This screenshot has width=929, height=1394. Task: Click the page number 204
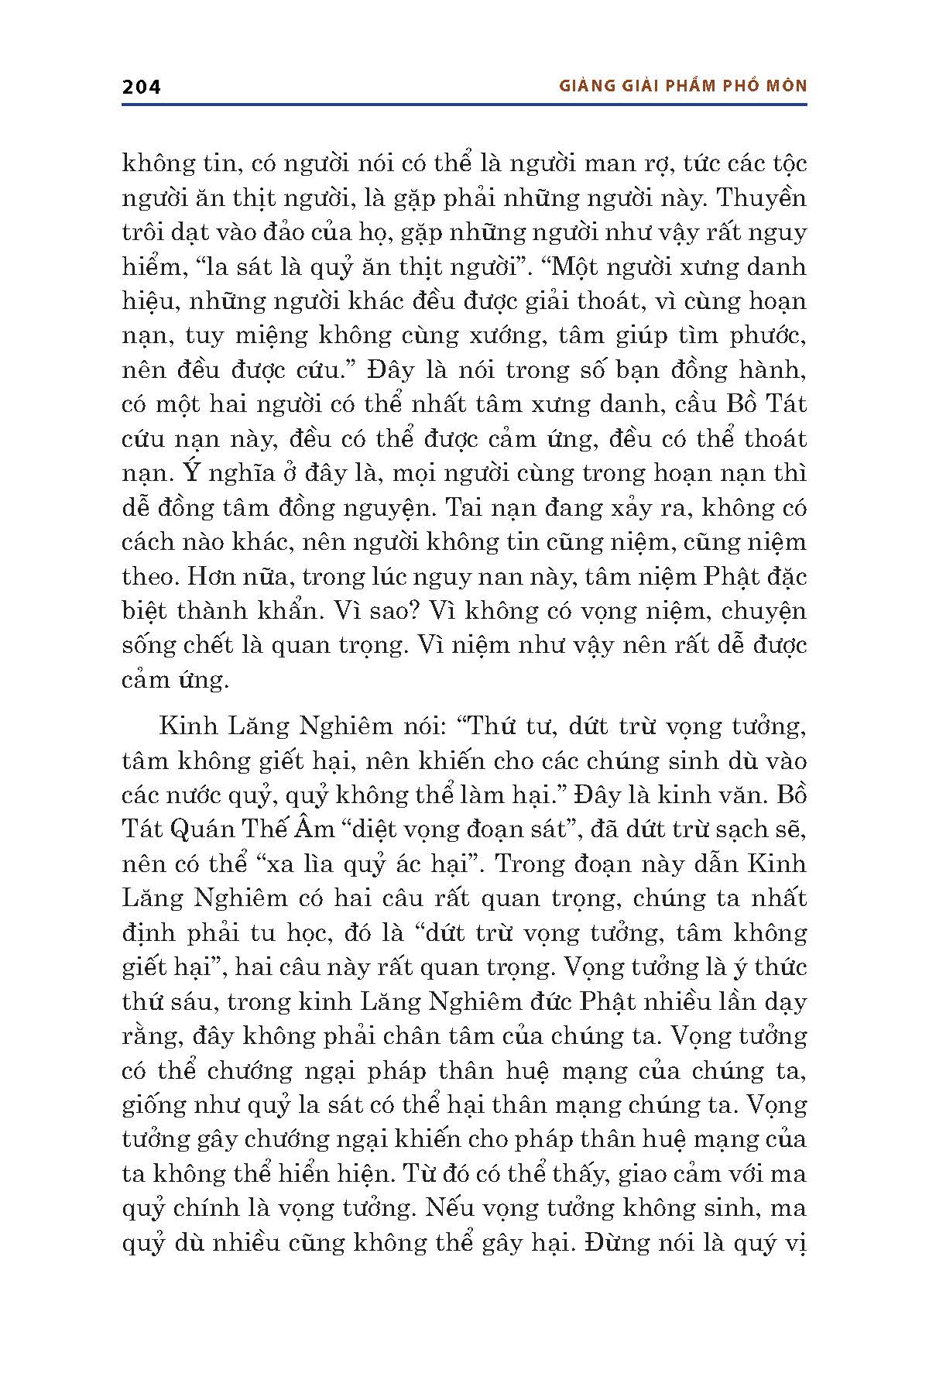(x=141, y=87)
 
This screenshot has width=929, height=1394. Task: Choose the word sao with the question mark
(x=381, y=611)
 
